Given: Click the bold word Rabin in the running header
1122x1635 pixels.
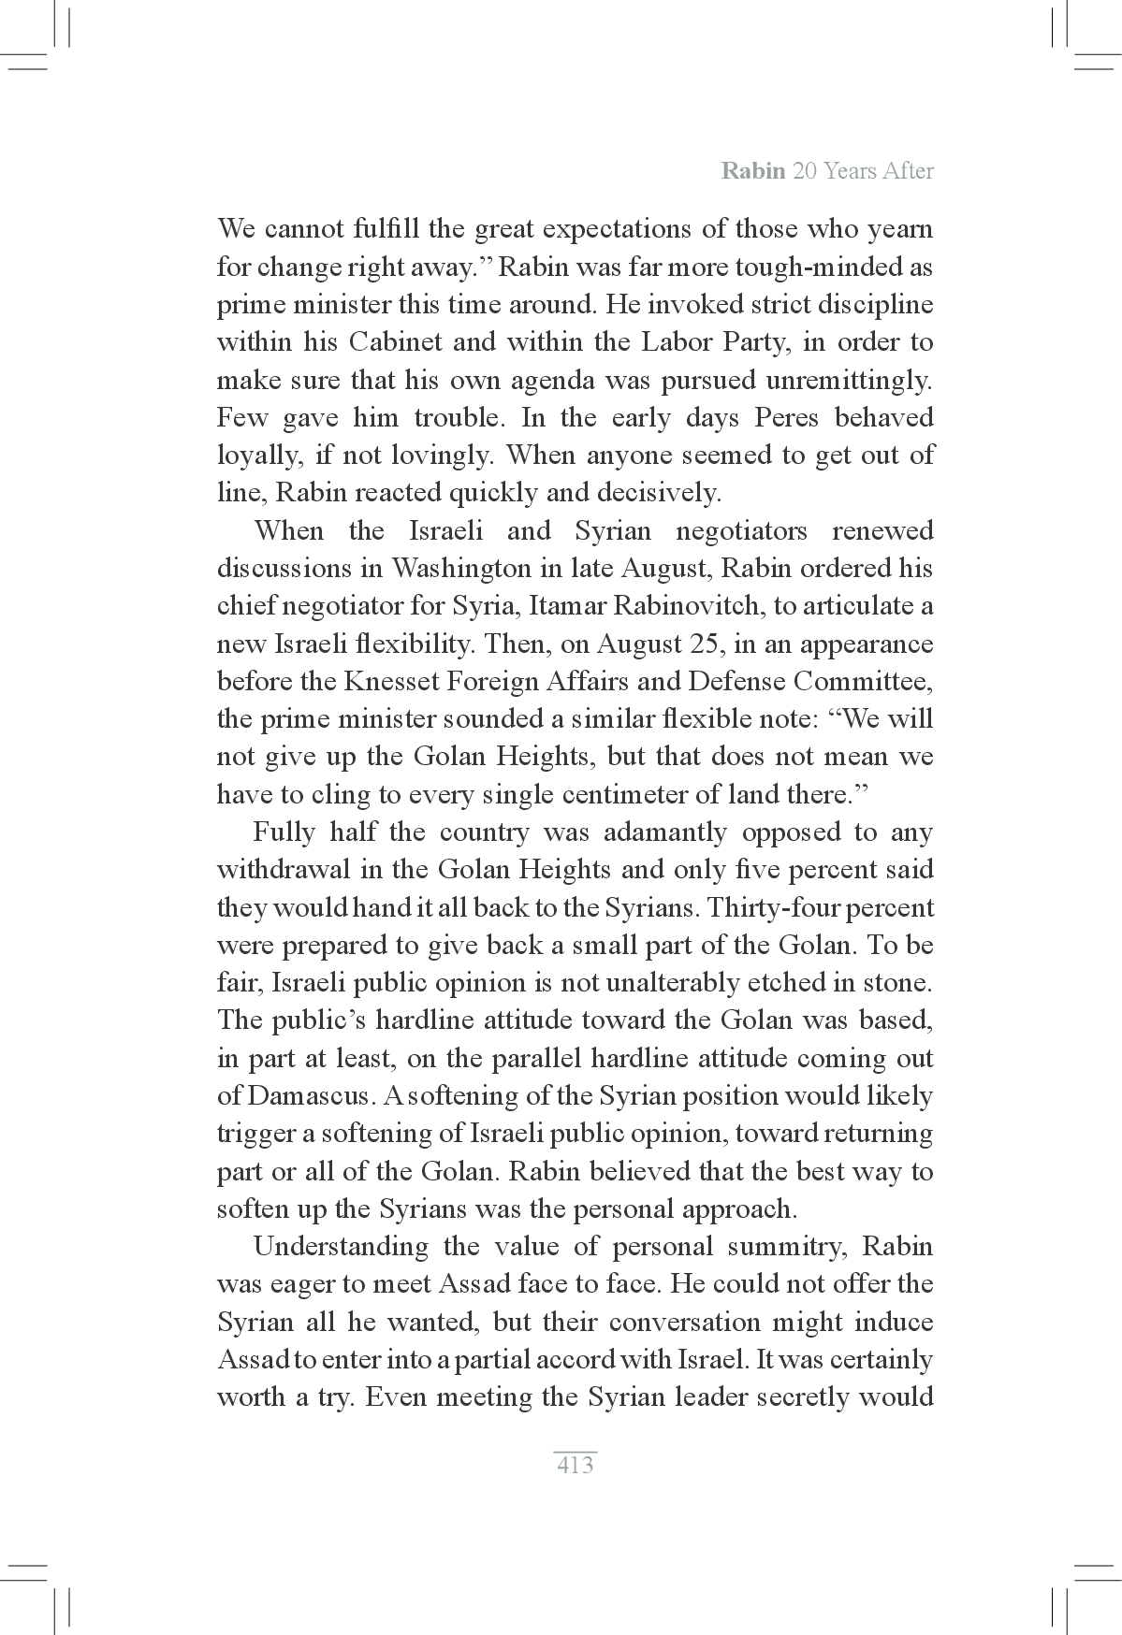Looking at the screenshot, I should (752, 171).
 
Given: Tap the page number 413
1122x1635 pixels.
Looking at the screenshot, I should (575, 1465).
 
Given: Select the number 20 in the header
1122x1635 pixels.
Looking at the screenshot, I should (804, 171).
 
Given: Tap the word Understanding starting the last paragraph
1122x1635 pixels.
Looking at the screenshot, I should (342, 1247).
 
